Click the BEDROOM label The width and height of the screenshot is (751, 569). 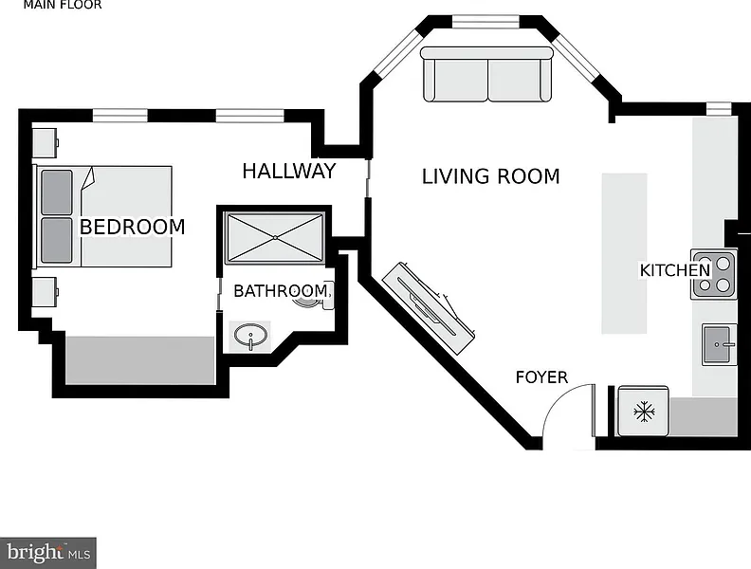(x=132, y=227)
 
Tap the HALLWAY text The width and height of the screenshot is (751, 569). (x=288, y=172)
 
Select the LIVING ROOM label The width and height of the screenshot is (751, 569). (x=490, y=176)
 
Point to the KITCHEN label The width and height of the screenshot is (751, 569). (x=674, y=270)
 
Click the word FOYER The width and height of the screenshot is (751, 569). (x=541, y=377)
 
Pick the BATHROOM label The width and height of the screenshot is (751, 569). (x=281, y=290)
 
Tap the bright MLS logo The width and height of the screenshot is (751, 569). (x=49, y=551)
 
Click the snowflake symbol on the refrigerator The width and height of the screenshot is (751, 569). (x=645, y=412)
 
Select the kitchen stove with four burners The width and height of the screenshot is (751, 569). (x=714, y=273)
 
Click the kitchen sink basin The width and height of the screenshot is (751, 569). (x=719, y=342)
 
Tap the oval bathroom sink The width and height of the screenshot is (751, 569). (x=250, y=335)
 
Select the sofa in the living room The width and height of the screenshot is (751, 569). (x=486, y=75)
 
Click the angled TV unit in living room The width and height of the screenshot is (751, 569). (x=430, y=302)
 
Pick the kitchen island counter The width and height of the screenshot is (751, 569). (x=624, y=252)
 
